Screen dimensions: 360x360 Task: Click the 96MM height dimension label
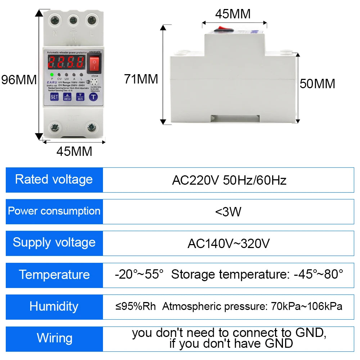[19, 80]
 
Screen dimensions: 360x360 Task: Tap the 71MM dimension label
[141, 79]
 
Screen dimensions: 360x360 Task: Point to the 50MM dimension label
[318, 84]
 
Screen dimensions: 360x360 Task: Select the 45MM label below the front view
[74, 152]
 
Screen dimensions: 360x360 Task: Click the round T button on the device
[94, 96]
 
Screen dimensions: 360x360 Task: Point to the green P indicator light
[52, 75]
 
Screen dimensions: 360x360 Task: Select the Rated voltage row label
[54, 179]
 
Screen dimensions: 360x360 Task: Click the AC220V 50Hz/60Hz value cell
[229, 180]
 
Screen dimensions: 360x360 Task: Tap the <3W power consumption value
[228, 212]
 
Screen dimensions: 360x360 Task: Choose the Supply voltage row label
[54, 243]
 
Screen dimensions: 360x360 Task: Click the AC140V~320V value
[228, 244]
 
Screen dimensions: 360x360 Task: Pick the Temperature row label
[54, 275]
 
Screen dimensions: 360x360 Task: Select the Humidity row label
[54, 306]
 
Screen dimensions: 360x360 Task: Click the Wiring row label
[54, 338]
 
